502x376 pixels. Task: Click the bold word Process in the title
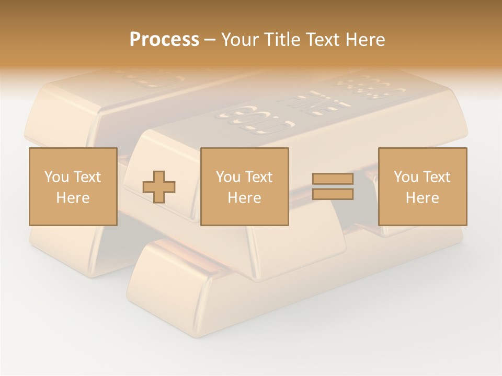pyautogui.click(x=164, y=40)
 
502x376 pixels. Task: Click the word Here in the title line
pyautogui.click(x=364, y=40)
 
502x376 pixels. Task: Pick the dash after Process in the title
pyautogui.click(x=210, y=40)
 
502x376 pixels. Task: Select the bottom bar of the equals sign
pyautogui.click(x=333, y=194)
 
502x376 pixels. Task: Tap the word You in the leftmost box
pyautogui.click(x=56, y=177)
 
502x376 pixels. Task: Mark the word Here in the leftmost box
pyautogui.click(x=73, y=198)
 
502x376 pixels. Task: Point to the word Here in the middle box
pyautogui.click(x=244, y=198)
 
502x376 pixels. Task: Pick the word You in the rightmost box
pyautogui.click(x=406, y=177)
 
